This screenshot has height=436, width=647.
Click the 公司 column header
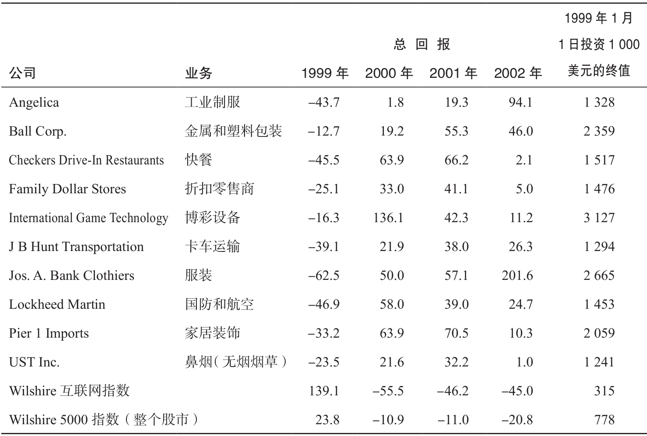point(22,73)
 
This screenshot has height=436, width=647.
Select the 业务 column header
point(199,73)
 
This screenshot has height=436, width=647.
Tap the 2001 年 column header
point(453,73)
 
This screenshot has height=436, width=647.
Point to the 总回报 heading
point(422,45)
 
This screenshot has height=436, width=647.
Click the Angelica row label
point(34,102)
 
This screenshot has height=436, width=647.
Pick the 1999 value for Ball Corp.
point(324,131)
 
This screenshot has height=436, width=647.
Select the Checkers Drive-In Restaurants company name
point(86,160)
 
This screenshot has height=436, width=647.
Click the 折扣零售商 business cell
point(220,189)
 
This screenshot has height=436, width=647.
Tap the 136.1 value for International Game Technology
point(388,218)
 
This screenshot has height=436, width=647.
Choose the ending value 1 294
point(599,247)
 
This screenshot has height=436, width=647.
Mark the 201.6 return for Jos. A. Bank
point(518,276)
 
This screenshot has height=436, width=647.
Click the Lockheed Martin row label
point(57,304)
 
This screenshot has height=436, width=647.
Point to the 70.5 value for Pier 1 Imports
point(456,333)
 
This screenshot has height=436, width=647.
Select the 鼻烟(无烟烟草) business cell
point(236,362)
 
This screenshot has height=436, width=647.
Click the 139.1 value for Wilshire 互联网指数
point(324,391)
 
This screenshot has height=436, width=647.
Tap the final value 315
point(604,391)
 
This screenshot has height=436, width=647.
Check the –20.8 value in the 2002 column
point(518,420)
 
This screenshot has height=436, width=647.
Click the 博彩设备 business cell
point(213,218)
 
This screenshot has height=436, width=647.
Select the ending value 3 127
point(599,218)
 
